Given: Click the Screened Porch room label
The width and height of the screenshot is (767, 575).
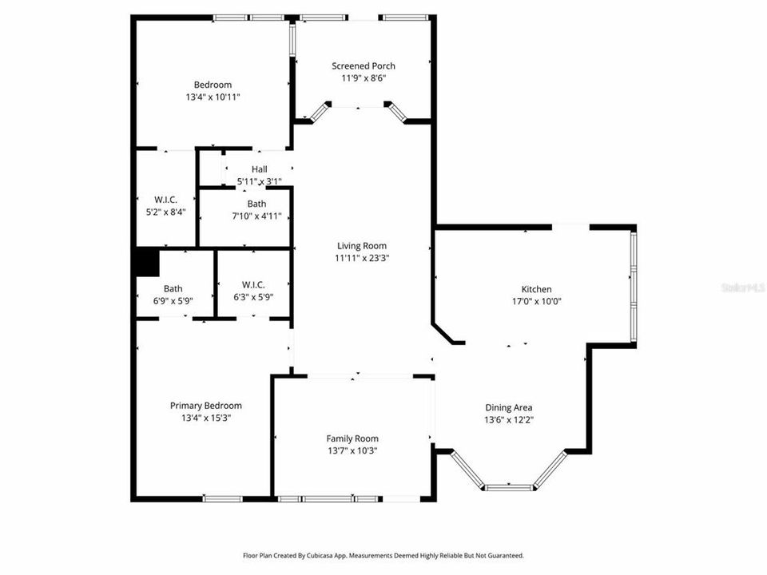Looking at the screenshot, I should coord(364,65).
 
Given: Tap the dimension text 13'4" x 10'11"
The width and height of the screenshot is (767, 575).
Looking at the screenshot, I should coord(213,97).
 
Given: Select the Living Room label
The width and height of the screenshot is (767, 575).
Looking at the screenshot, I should coord(361,246).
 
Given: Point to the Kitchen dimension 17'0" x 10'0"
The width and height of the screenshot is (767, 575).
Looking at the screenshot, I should coord(536,302).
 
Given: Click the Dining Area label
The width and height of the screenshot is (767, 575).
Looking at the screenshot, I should coord(507,407).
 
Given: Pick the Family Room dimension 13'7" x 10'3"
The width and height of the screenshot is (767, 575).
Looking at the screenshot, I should coord(352,450).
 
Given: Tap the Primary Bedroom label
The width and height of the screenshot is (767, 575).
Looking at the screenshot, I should coord(205,406).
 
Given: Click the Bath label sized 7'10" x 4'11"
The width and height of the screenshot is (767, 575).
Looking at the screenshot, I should coord(256,204).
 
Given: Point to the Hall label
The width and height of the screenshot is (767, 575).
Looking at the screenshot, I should coord(259,169).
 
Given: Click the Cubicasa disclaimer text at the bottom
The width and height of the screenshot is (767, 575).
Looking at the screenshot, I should coord(383,555).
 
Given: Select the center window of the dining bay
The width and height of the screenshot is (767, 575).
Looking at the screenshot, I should coord(509,486).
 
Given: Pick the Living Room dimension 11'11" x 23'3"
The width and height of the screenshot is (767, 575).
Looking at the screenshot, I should coord(361,258).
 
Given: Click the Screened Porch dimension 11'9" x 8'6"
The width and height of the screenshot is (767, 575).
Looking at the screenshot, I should coord(364,78).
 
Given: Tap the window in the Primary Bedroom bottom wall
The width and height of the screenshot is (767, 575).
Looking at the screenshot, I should coord(222,499).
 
